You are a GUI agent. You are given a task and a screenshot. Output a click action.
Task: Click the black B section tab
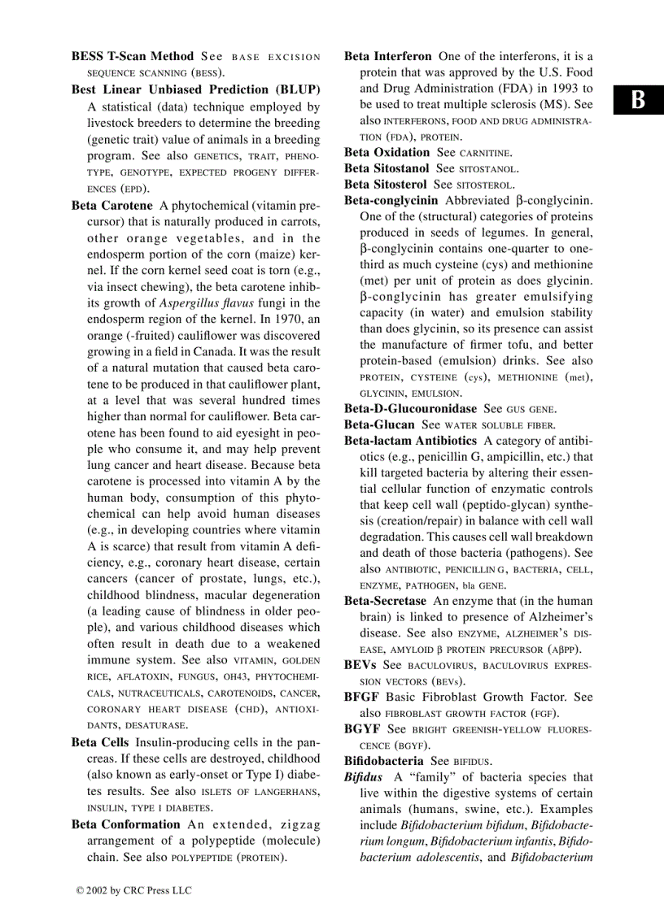[x=639, y=101]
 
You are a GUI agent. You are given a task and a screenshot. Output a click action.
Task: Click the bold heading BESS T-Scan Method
[x=133, y=57]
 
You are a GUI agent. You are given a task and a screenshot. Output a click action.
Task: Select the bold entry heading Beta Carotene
[x=111, y=206]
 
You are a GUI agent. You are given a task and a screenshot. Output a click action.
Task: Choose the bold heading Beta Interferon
[x=388, y=57]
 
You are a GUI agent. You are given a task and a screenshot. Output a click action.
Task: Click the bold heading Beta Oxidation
[x=387, y=153]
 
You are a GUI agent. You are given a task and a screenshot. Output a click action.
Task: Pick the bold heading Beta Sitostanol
[x=387, y=169]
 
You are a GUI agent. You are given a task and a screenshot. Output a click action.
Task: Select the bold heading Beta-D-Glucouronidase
[x=411, y=409]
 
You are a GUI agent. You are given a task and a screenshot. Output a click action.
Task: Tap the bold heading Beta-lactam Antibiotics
[x=410, y=441]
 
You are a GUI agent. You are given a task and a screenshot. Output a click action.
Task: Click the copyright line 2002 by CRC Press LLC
[x=133, y=890]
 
